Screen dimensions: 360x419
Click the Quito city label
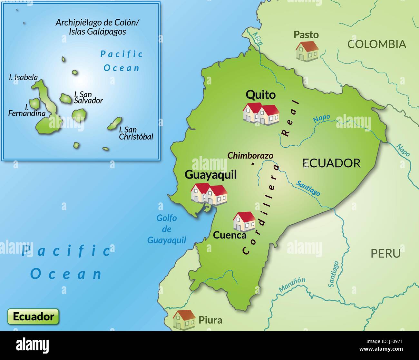tap(260, 95)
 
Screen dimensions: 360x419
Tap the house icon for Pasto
tap(307, 51)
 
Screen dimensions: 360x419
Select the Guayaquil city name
tap(210, 175)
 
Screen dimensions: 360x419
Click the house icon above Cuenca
tap(244, 221)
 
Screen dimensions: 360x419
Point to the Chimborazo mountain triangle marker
tap(253, 164)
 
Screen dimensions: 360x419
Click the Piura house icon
tap(184, 320)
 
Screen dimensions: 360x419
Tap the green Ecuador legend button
tap(33, 316)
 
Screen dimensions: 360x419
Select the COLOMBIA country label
tap(376, 44)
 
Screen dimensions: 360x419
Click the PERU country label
tap(385, 253)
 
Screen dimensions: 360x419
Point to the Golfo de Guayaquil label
tap(167, 229)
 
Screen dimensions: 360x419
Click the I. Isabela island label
tap(24, 78)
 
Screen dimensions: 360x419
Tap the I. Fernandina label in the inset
tap(26, 110)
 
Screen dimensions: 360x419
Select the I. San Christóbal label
tap(136, 133)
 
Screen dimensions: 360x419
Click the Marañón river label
tap(292, 285)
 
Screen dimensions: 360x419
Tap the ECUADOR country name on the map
tap(331, 163)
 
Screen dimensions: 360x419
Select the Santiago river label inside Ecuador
tap(308, 188)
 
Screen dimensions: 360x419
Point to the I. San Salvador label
tap(88, 97)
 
